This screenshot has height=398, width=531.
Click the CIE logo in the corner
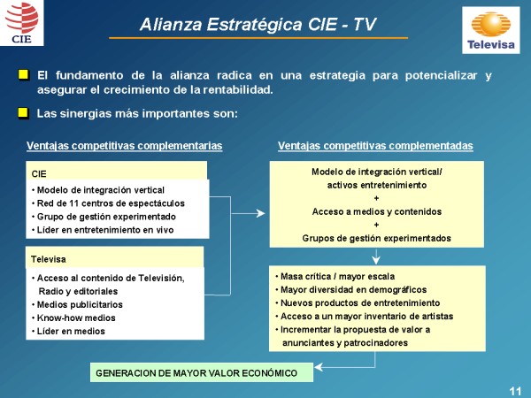(21, 23)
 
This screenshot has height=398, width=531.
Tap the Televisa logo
(491, 30)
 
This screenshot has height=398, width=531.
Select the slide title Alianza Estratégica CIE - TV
(258, 25)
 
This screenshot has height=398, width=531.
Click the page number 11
(515, 391)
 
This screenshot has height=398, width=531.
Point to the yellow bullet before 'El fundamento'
(23, 74)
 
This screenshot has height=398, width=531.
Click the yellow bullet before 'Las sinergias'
(23, 113)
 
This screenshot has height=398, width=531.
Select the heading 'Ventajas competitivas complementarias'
(124, 146)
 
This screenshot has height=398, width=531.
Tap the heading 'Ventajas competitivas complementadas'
(375, 146)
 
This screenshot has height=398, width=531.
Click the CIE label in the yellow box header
(39, 174)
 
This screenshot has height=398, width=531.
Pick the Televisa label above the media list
(49, 259)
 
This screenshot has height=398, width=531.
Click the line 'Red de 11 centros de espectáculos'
(108, 203)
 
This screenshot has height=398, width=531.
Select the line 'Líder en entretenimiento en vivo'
(103, 230)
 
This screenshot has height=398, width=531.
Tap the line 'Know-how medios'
(73, 318)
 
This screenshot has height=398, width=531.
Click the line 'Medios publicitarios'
(77, 304)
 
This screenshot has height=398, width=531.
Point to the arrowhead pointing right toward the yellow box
(261, 213)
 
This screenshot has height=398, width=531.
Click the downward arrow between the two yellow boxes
(376, 256)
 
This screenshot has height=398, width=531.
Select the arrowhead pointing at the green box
(319, 367)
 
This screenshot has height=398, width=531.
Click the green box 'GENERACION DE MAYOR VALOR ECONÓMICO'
(202, 372)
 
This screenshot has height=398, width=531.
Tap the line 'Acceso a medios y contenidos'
(377, 212)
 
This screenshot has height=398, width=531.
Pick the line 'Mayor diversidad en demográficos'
(350, 290)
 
